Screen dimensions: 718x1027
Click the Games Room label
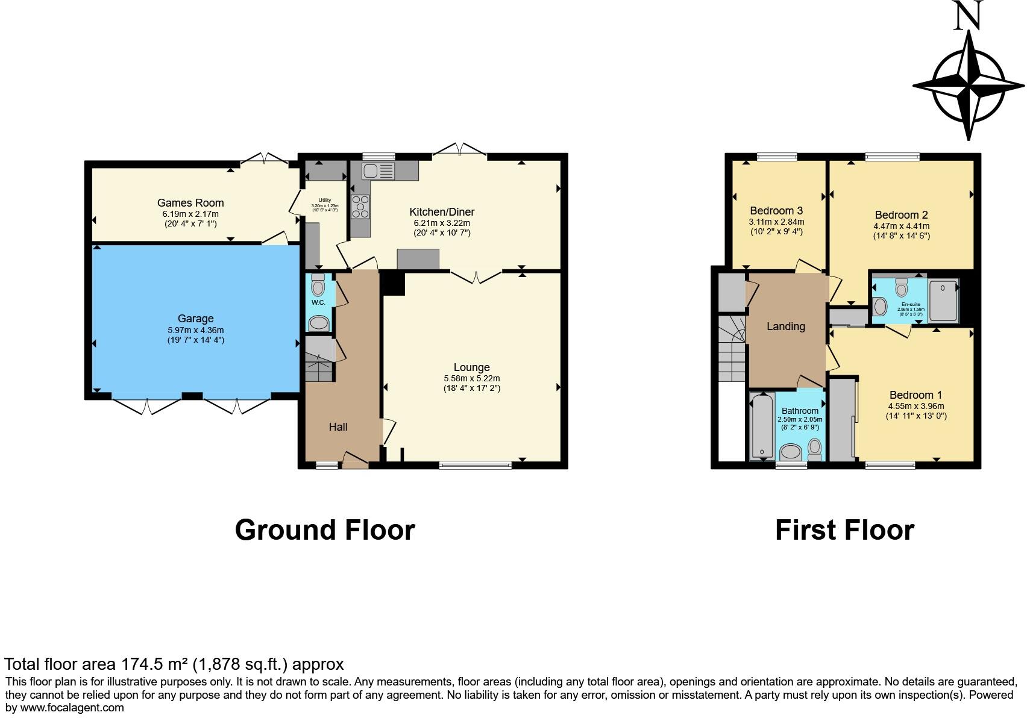(x=190, y=203)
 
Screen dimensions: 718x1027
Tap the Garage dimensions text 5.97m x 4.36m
(x=195, y=330)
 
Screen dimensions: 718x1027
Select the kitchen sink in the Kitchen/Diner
(x=378, y=171)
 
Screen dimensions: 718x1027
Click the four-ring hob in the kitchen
(x=361, y=206)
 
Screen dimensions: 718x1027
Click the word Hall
(x=338, y=427)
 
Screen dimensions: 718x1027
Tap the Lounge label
(x=471, y=367)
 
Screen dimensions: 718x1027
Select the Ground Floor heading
(x=325, y=530)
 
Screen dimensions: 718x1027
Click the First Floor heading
(x=844, y=530)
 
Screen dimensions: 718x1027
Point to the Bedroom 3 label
(x=776, y=211)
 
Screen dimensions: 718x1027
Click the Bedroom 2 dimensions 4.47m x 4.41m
(x=901, y=226)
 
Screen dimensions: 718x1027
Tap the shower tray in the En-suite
(x=943, y=300)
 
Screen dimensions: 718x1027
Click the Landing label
(x=785, y=326)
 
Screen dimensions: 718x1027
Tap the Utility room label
(x=324, y=201)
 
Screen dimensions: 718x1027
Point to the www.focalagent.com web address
(x=72, y=708)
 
